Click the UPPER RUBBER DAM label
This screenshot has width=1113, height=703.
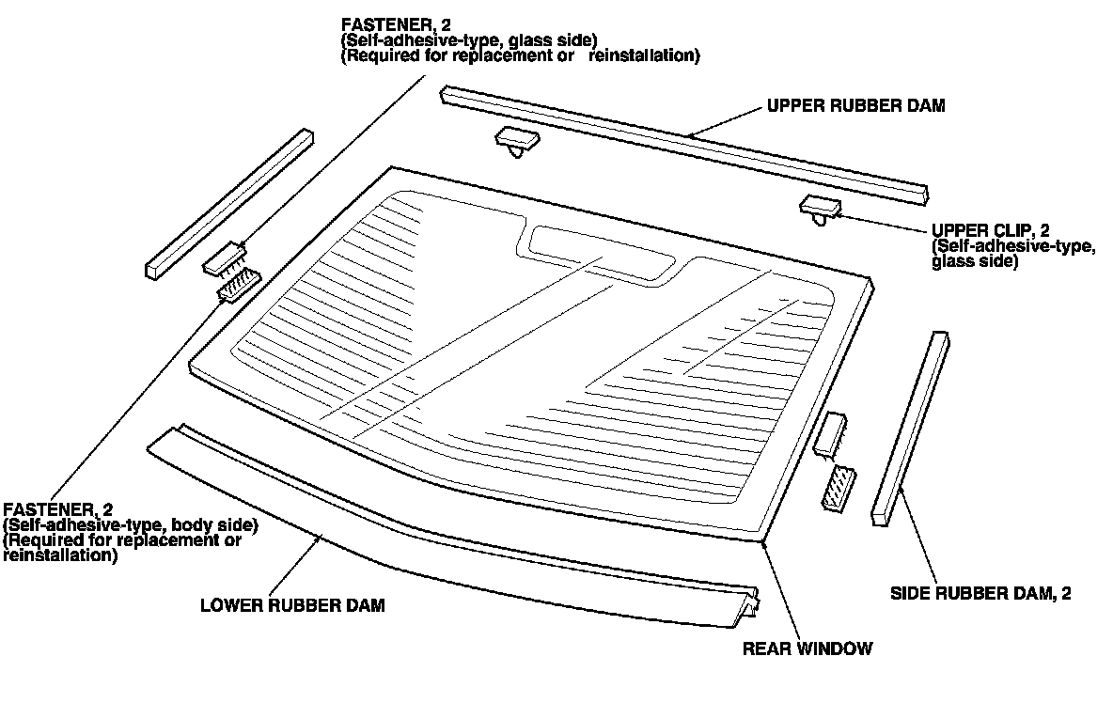pos(855,106)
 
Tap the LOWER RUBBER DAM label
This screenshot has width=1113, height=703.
pos(292,605)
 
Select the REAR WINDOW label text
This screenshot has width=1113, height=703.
pos(807,648)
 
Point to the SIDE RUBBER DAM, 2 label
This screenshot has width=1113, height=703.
pos(980,593)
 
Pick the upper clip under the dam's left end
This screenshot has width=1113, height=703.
pos(517,141)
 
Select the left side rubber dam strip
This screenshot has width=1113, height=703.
pos(228,202)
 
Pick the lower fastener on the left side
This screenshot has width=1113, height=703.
pos(239,285)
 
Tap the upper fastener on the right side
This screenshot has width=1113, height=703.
pos(832,434)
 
